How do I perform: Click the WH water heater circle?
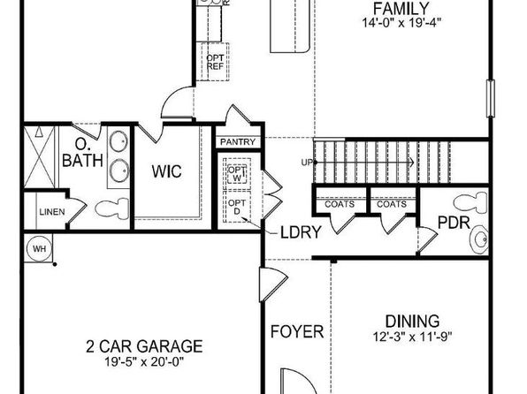(x=40, y=249)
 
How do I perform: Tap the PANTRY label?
(x=238, y=142)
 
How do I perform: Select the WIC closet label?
(x=167, y=171)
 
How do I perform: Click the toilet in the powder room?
(x=470, y=203)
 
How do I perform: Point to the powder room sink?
(x=479, y=239)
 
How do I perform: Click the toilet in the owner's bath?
(x=112, y=208)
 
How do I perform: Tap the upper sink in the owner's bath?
(x=118, y=142)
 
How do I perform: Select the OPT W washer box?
(x=237, y=174)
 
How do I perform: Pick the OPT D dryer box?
(x=237, y=207)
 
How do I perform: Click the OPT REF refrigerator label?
(x=215, y=62)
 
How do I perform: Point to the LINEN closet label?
(x=52, y=212)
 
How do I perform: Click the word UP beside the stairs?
(x=307, y=163)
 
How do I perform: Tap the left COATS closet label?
(x=340, y=204)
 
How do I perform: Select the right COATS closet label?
(x=392, y=204)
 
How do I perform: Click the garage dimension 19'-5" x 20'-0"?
(x=144, y=362)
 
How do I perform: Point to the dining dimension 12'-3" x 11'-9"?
(x=413, y=337)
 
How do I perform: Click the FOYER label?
(x=297, y=332)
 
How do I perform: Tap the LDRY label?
(x=302, y=232)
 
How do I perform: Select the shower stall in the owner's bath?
(x=39, y=157)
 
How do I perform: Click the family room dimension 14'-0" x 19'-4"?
(x=401, y=23)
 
